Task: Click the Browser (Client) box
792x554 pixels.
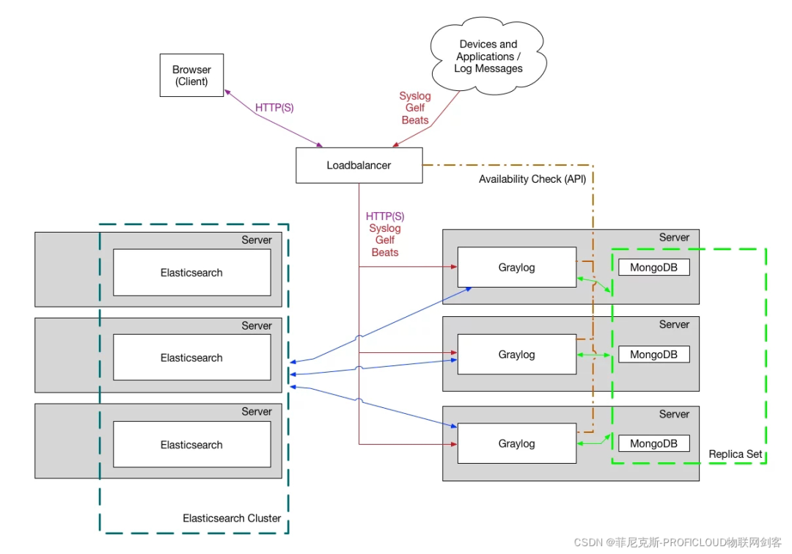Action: coord(191,76)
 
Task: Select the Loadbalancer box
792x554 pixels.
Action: coord(359,165)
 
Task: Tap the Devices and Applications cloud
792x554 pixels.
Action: coord(488,57)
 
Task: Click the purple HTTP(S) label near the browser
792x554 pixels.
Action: coord(274,108)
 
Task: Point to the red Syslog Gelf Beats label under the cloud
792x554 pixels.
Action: coord(415,108)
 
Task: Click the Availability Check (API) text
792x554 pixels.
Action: coord(532,179)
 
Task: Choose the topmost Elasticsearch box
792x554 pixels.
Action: coord(191,272)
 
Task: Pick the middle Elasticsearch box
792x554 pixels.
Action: coord(191,357)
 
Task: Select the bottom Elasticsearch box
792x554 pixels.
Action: coord(191,445)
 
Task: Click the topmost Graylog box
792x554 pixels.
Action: coord(516,267)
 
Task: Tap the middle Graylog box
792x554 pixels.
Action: coord(516,354)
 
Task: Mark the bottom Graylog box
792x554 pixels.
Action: coord(516,443)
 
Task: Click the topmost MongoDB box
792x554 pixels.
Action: coord(653,267)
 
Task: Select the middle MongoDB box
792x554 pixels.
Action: coord(653,354)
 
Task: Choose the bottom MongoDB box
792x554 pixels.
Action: coord(653,443)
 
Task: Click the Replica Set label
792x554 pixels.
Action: coord(736,454)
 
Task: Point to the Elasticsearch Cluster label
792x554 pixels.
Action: coord(232,518)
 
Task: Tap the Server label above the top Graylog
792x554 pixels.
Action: coord(674,237)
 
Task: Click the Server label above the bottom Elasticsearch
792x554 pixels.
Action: coord(257,412)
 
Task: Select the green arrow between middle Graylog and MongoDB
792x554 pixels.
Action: coord(594,355)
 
